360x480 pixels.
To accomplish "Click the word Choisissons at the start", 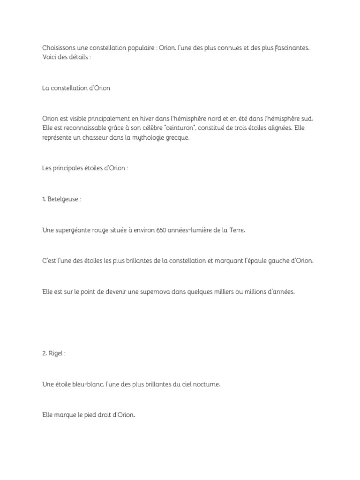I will click(x=58, y=48).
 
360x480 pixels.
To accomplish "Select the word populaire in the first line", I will click(x=133, y=48).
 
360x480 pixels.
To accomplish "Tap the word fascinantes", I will click(x=291, y=48).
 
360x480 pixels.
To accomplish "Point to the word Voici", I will click(x=50, y=56).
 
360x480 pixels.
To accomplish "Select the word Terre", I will click(x=235, y=231).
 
